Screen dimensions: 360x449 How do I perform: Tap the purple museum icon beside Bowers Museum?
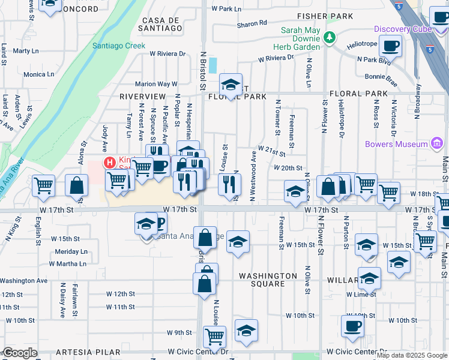coord(437,144)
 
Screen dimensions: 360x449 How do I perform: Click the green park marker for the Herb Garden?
coord(328,38)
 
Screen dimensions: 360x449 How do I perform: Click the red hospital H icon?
coord(109,162)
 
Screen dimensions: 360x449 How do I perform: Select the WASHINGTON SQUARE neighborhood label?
coord(268,276)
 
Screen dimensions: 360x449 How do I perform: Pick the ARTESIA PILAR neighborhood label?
coord(87,352)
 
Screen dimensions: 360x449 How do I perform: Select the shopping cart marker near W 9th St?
coord(214,336)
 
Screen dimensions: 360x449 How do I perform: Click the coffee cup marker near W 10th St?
coord(352,326)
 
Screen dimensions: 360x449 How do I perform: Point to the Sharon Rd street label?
coord(252,23)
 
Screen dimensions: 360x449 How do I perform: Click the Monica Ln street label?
coord(38,74)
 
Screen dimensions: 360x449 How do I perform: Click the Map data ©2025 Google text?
coord(412,356)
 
